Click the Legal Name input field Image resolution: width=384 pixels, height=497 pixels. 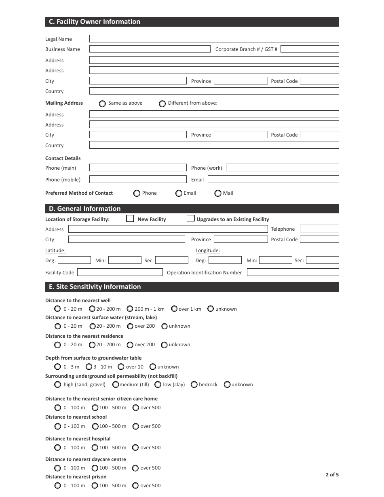tap(214, 39)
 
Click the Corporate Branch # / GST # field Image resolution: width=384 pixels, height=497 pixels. tap(309, 49)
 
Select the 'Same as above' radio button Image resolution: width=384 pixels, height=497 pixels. tap(102, 103)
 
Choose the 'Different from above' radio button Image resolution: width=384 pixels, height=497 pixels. tap(162, 103)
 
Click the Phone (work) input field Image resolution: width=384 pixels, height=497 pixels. tap(282, 168)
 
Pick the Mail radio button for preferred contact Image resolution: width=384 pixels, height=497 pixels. tap(218, 193)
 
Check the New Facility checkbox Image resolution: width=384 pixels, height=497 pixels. tap(130, 219)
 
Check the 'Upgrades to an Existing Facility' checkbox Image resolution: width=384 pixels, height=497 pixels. tap(191, 219)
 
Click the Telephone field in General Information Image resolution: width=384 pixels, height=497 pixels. tap(319, 229)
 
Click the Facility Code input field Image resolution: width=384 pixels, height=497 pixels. tap(120, 272)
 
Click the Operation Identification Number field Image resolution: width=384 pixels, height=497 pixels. tap(293, 272)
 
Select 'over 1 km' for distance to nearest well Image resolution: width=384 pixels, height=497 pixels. tap(174, 309)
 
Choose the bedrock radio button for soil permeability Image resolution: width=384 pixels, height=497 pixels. tap(194, 384)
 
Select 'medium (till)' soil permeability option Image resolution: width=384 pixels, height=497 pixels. tap(116, 384)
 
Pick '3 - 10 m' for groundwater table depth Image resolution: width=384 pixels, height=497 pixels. tap(89, 366)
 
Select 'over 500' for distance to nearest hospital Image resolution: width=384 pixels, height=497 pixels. tap(136, 447)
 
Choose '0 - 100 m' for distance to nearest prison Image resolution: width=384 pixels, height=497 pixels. tap(58, 485)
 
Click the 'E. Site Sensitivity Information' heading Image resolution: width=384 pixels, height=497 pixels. tap(95, 287)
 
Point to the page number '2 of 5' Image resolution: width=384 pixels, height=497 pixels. tap(332, 475)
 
